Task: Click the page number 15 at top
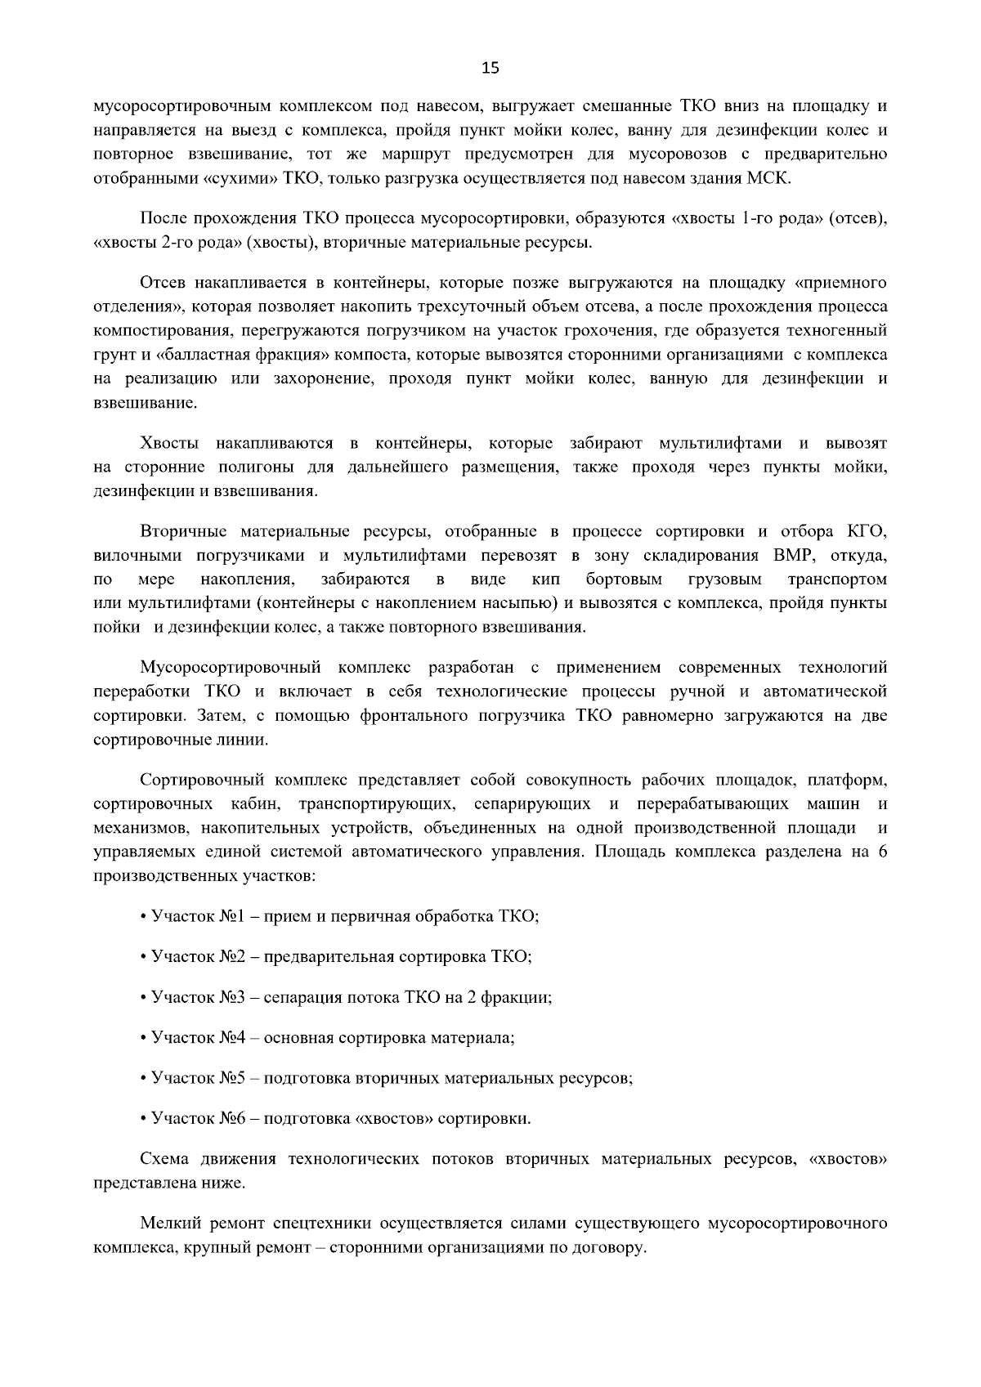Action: click(490, 68)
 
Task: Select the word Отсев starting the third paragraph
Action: click(163, 284)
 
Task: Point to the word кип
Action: click(545, 579)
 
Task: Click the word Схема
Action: click(164, 1159)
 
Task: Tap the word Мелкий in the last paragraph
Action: click(168, 1224)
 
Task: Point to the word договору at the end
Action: click(612, 1248)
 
